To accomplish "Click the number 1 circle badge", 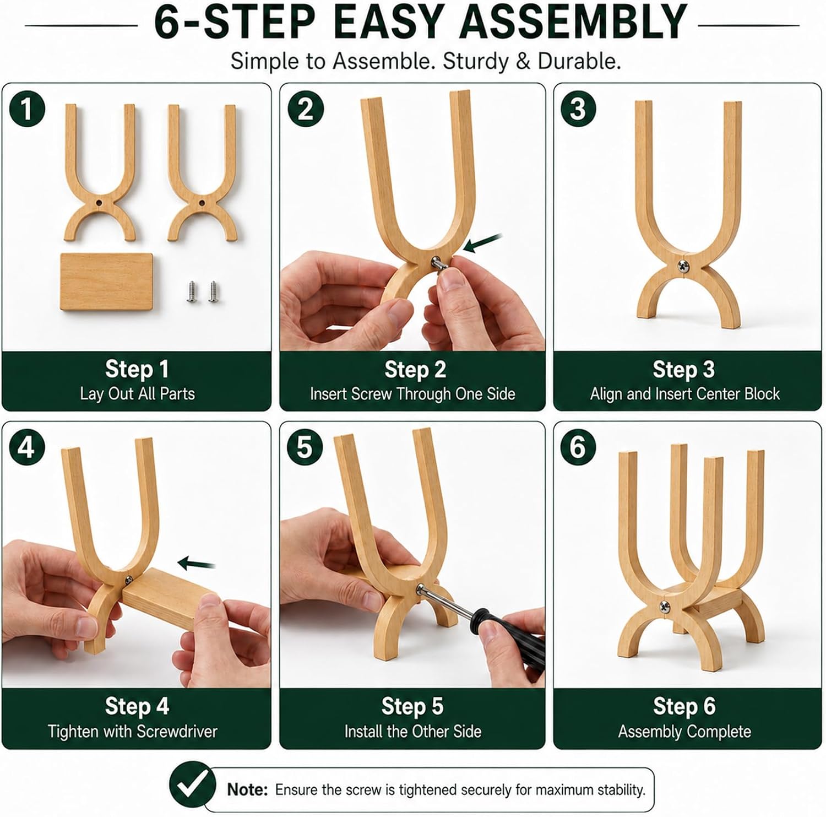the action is tap(26, 109).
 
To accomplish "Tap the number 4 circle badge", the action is tap(26, 447).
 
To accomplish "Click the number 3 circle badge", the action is tap(578, 109).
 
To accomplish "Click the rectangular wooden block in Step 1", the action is tap(106, 282).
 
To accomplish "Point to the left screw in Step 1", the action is tap(192, 291).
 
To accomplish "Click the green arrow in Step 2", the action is tap(483, 243).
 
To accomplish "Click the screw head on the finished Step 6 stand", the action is tap(664, 607).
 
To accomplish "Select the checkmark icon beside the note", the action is tap(192, 784).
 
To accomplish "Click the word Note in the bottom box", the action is tap(247, 789).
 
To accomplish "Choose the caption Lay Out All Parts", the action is tap(137, 394).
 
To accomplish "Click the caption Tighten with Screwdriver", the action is tap(133, 731).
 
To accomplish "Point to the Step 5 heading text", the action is tap(412, 706).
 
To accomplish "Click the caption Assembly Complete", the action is tap(684, 731).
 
